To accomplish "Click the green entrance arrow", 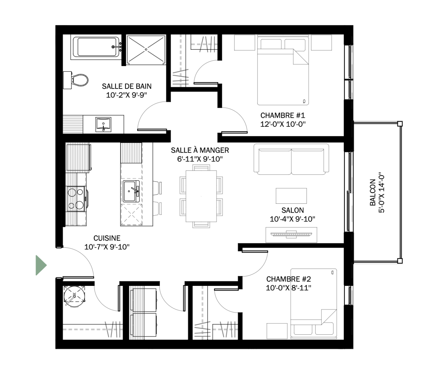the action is pyautogui.click(x=41, y=265).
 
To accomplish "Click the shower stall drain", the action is pyautogui.click(x=146, y=49).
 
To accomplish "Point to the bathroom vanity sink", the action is pyautogui.click(x=103, y=124).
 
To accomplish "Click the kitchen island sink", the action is pyautogui.click(x=131, y=191).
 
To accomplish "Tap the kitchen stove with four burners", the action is pyautogui.click(x=76, y=199).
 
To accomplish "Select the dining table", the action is pyautogui.click(x=201, y=196).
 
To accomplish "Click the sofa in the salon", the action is pyautogui.click(x=291, y=159).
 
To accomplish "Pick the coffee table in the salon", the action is pyautogui.click(x=291, y=196).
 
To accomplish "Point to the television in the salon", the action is pyautogui.click(x=291, y=234).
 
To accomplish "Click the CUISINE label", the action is pyautogui.click(x=107, y=238).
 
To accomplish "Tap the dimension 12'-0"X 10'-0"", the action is pyautogui.click(x=283, y=124).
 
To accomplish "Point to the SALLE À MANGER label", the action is pyautogui.click(x=200, y=150).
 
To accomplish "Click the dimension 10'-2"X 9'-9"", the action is pyautogui.click(x=127, y=95).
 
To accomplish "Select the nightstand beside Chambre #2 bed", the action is pyautogui.click(x=277, y=331).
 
